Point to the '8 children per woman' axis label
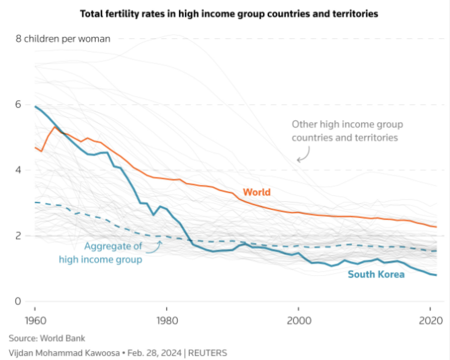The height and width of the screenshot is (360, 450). pos(61,38)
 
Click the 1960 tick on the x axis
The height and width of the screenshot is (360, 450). pos(35,320)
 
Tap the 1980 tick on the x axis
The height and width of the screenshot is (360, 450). pos(167,320)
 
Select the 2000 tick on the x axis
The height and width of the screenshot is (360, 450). pos(299,320)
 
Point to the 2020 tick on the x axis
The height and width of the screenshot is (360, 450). pos(429,320)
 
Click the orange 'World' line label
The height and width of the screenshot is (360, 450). pos(258,191)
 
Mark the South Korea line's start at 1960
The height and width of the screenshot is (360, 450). pos(36,106)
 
